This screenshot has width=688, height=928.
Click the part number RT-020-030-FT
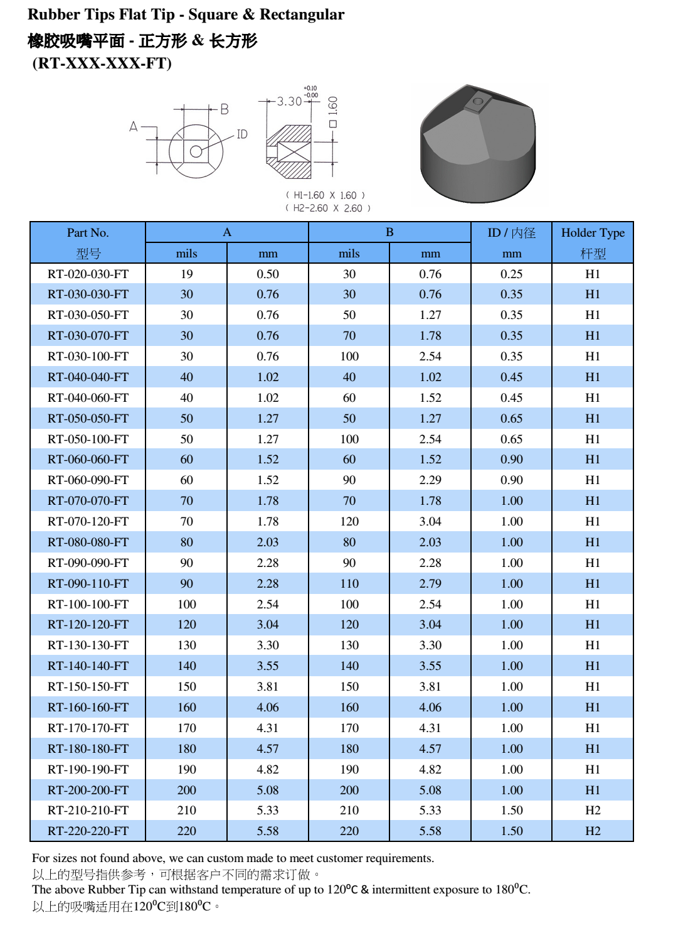pyautogui.click(x=88, y=274)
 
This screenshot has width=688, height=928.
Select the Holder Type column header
pyautogui.click(x=592, y=232)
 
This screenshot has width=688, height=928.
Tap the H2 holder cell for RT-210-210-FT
pyautogui.click(x=592, y=810)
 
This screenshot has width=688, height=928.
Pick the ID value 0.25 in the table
pyautogui.click(x=511, y=274)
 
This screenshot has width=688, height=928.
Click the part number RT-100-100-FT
pyautogui.click(x=88, y=604)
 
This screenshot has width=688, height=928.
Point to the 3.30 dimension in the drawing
pyautogui.click(x=289, y=101)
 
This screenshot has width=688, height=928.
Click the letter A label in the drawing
pyautogui.click(x=134, y=126)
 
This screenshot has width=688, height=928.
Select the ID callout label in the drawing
pyautogui.click(x=242, y=134)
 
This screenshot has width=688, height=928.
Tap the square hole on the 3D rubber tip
pyautogui.click(x=477, y=101)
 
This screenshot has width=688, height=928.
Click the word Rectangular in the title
pyautogui.click(x=302, y=14)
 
